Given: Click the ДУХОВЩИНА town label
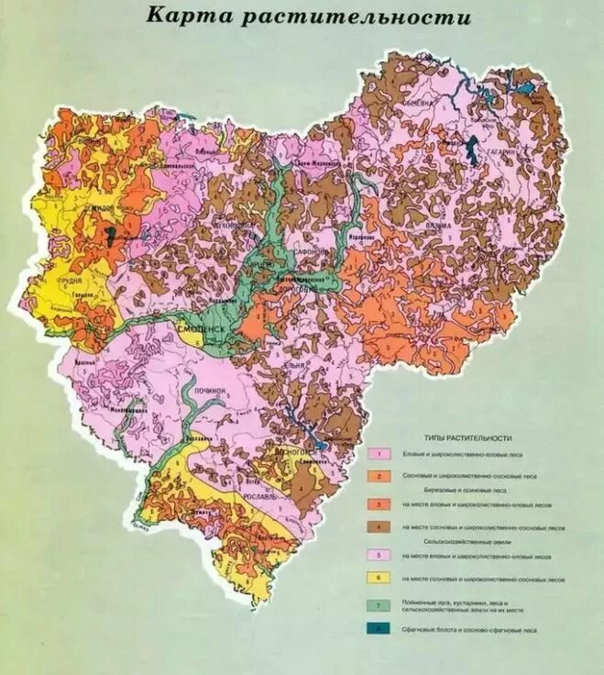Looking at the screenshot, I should tap(231, 223).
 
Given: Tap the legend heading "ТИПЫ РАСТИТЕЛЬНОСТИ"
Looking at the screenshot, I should tap(468, 438).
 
